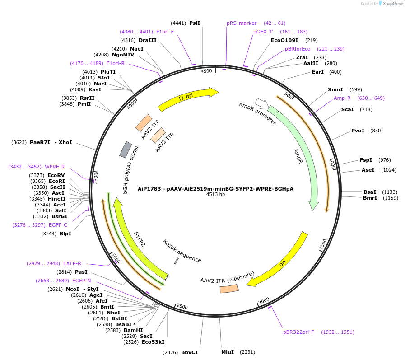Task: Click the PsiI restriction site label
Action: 195,23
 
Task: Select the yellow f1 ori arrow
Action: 187,99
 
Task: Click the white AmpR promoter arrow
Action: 261,103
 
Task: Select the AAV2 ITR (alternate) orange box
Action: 229,288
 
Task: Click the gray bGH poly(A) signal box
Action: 126,150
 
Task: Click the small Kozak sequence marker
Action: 176,261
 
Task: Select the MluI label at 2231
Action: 228,352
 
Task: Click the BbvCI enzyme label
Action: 189,352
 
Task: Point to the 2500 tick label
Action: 182,306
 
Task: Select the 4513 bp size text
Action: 215,195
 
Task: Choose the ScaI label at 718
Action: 347,109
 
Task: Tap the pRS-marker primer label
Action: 242,23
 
